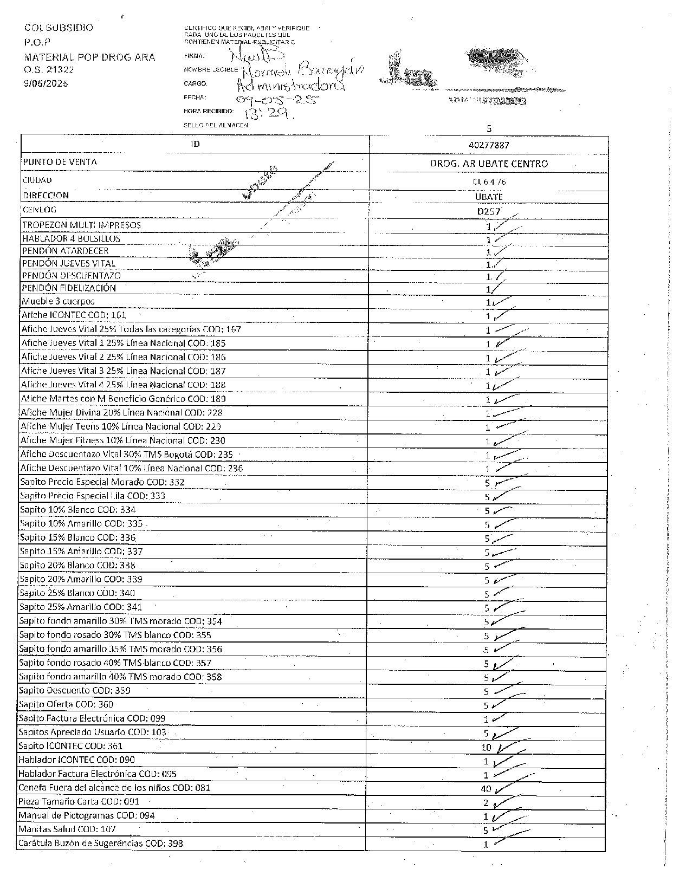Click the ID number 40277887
(x=489, y=145)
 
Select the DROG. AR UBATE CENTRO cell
(x=489, y=164)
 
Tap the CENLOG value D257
(x=488, y=211)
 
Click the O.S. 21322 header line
(x=49, y=70)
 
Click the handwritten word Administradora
(x=290, y=86)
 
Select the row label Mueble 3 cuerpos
(x=58, y=301)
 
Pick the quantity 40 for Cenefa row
(x=486, y=789)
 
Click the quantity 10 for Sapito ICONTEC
(x=486, y=748)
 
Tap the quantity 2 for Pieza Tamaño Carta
(x=486, y=803)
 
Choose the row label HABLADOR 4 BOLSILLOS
(x=71, y=238)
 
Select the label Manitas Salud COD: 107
(x=67, y=829)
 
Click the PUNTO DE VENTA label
(x=60, y=162)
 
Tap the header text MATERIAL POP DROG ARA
(x=89, y=57)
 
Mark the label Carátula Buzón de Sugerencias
(x=100, y=843)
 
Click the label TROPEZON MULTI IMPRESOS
(x=81, y=225)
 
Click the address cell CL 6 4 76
(x=489, y=182)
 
